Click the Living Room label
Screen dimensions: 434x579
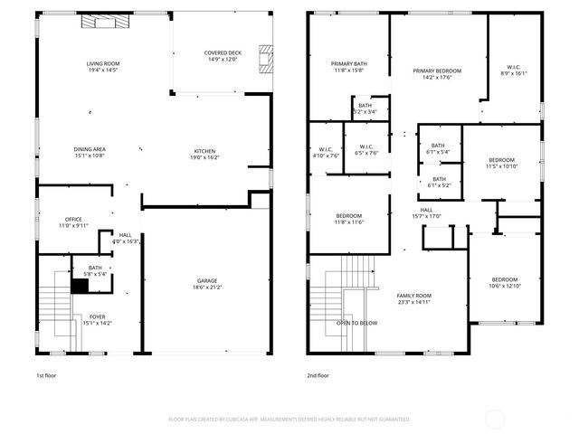[x=103, y=63]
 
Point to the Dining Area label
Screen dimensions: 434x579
[x=90, y=149]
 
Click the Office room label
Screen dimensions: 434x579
[x=73, y=219]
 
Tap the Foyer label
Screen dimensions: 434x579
[x=96, y=316]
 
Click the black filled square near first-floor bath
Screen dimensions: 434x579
[x=80, y=285]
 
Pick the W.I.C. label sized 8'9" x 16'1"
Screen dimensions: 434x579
[x=511, y=70]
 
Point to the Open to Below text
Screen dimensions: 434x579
[x=357, y=322]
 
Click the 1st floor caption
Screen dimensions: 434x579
[x=45, y=374]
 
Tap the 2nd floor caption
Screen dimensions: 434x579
[x=318, y=374]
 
